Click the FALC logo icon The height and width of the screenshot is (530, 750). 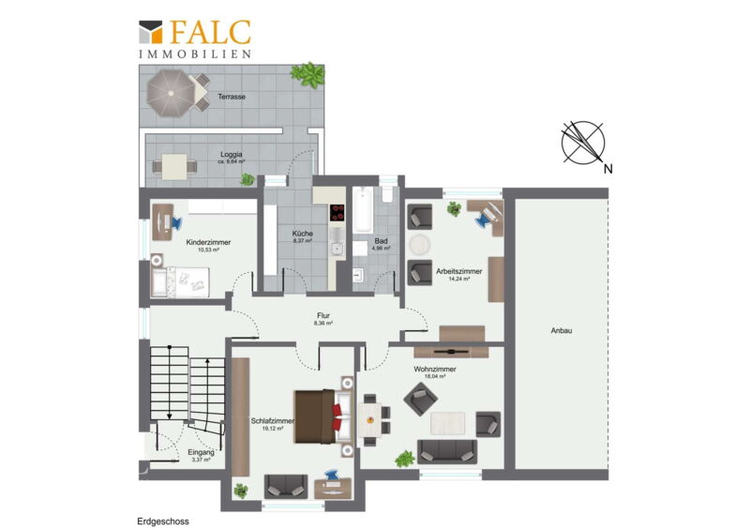[151, 32]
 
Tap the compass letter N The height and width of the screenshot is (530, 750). [607, 169]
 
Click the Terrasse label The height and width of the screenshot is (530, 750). [232, 97]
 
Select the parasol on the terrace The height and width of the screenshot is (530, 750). [171, 93]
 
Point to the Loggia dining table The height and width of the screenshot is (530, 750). [174, 167]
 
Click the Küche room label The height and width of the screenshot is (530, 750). [303, 234]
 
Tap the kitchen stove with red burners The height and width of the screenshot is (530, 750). [337, 212]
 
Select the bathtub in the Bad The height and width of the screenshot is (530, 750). [363, 210]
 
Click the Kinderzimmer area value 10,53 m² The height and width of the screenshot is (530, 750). [208, 250]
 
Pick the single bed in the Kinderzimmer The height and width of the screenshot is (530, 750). [180, 282]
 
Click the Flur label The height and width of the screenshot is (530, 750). [323, 315]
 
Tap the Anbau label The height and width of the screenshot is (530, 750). [561, 330]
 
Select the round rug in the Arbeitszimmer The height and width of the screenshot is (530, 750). [420, 245]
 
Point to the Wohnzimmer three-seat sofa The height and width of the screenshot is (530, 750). [447, 451]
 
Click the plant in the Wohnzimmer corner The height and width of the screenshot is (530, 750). [405, 459]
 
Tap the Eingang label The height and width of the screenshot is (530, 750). [201, 452]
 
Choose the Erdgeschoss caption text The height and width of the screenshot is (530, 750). [163, 522]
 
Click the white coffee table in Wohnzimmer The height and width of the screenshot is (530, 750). [448, 423]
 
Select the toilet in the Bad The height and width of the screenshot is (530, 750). [387, 193]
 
